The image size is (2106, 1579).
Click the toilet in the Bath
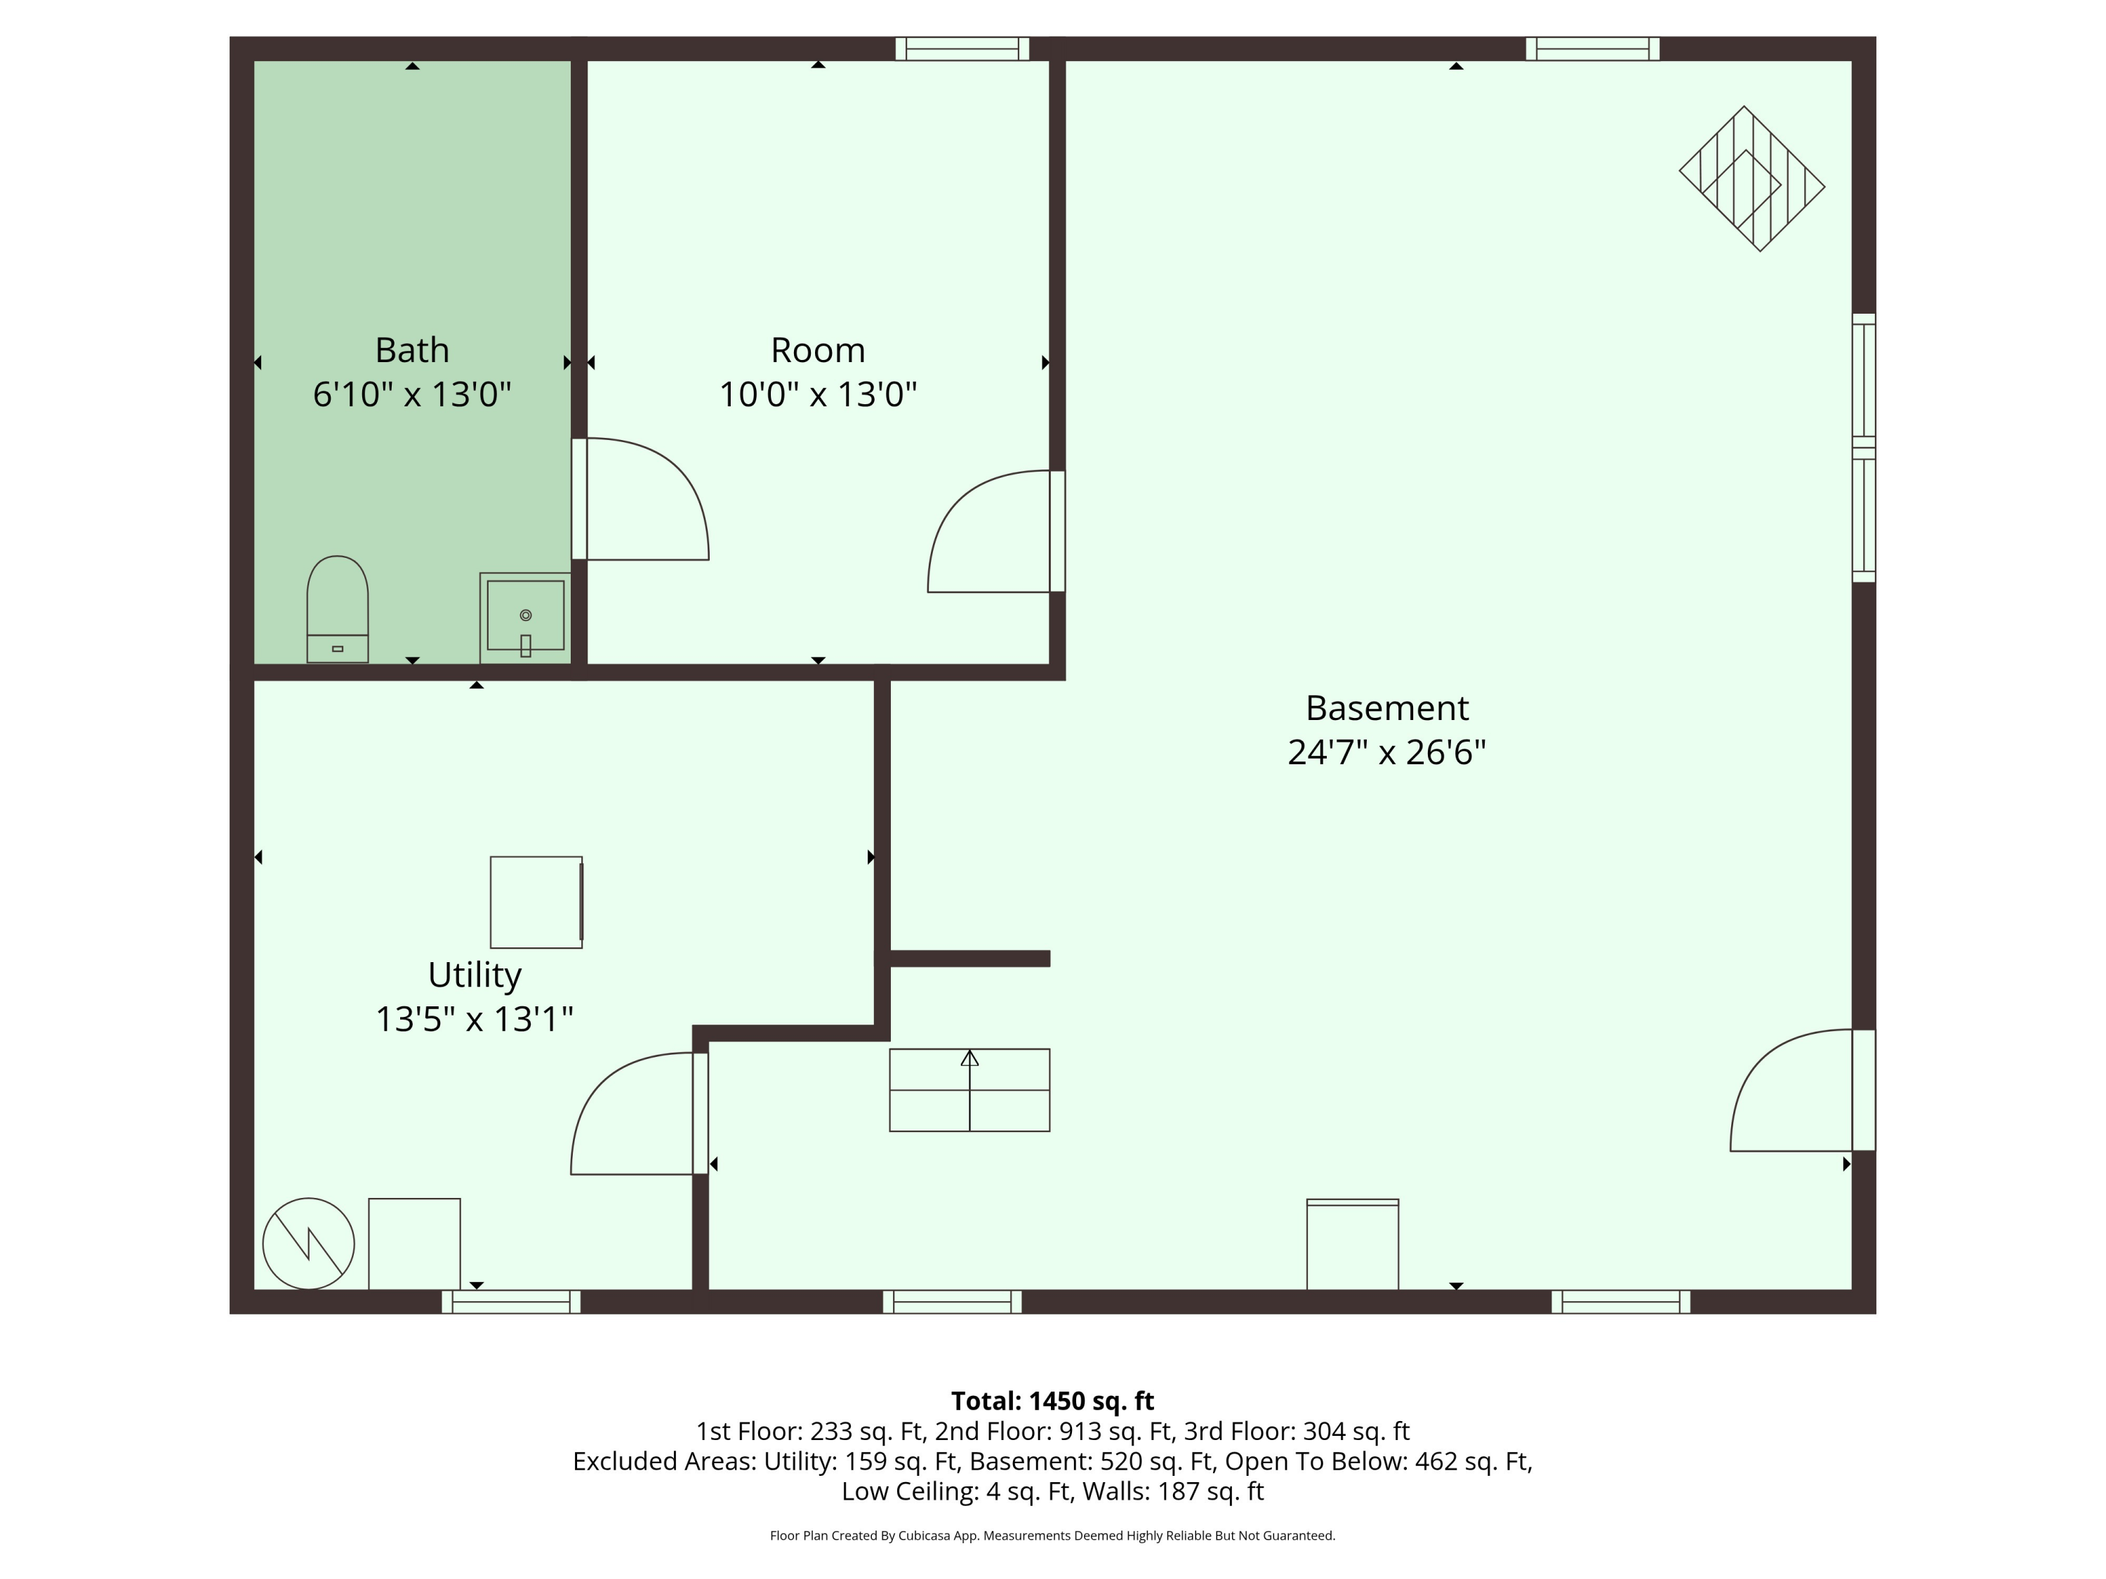[x=337, y=609]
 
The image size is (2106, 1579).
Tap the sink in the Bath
[x=526, y=618]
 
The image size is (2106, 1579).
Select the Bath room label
[x=412, y=350]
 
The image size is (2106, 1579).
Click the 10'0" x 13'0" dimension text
[x=818, y=394]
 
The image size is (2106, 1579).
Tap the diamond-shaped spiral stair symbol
[x=1751, y=179]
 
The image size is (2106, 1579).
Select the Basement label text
[x=1387, y=708]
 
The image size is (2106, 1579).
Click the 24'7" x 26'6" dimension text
[x=1387, y=752]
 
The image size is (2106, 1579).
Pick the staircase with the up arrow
[x=969, y=1090]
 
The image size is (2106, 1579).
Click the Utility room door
[x=639, y=1114]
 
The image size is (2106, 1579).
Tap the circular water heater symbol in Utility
[x=308, y=1243]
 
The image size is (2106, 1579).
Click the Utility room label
[x=474, y=975]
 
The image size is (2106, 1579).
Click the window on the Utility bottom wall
[x=511, y=1301]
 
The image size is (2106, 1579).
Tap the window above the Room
[x=962, y=48]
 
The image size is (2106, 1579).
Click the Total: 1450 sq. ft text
[x=1052, y=1401]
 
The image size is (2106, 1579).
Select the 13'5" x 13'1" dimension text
[x=474, y=1020]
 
